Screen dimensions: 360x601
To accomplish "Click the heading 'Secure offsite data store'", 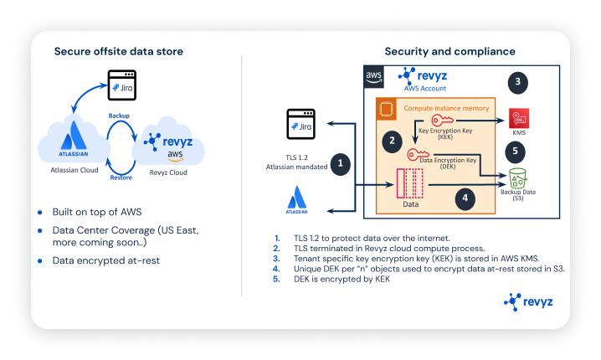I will pos(119,51).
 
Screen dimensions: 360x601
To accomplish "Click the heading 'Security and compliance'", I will pos(449,51).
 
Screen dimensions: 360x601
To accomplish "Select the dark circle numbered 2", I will pos(390,141).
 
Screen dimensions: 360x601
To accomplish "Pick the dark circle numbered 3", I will pos(518,82).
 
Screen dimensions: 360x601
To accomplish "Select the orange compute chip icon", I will pos(387,109).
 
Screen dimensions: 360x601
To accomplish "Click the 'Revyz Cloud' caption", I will pos(168,171).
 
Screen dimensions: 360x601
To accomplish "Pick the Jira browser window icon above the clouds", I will pos(124,86).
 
